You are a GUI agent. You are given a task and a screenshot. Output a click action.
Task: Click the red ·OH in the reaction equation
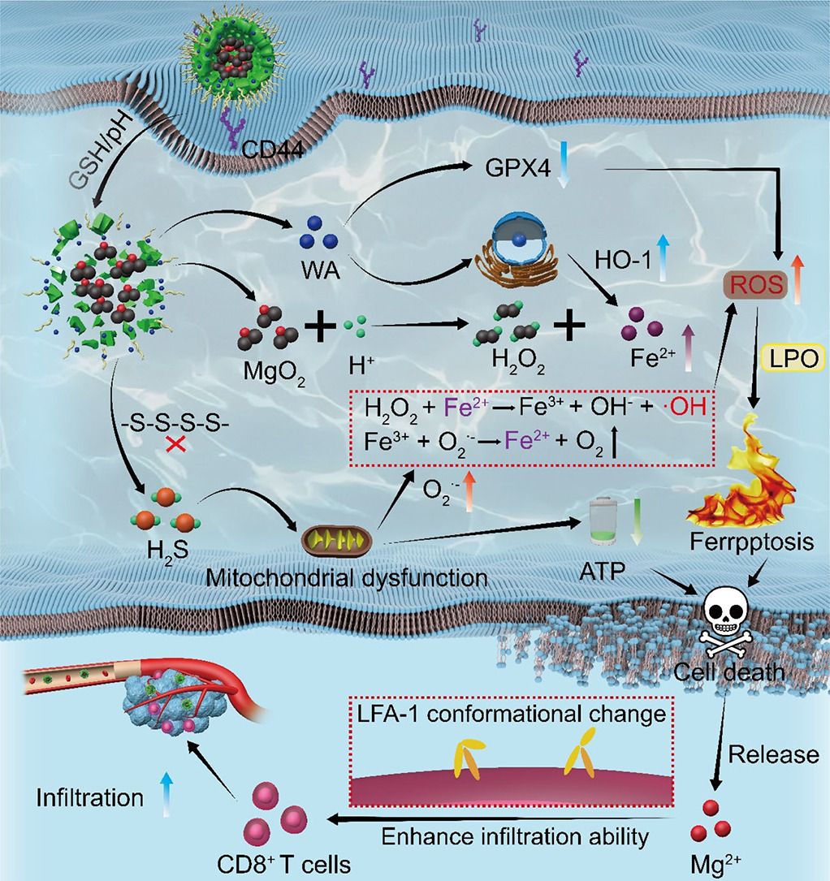pos(690,407)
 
